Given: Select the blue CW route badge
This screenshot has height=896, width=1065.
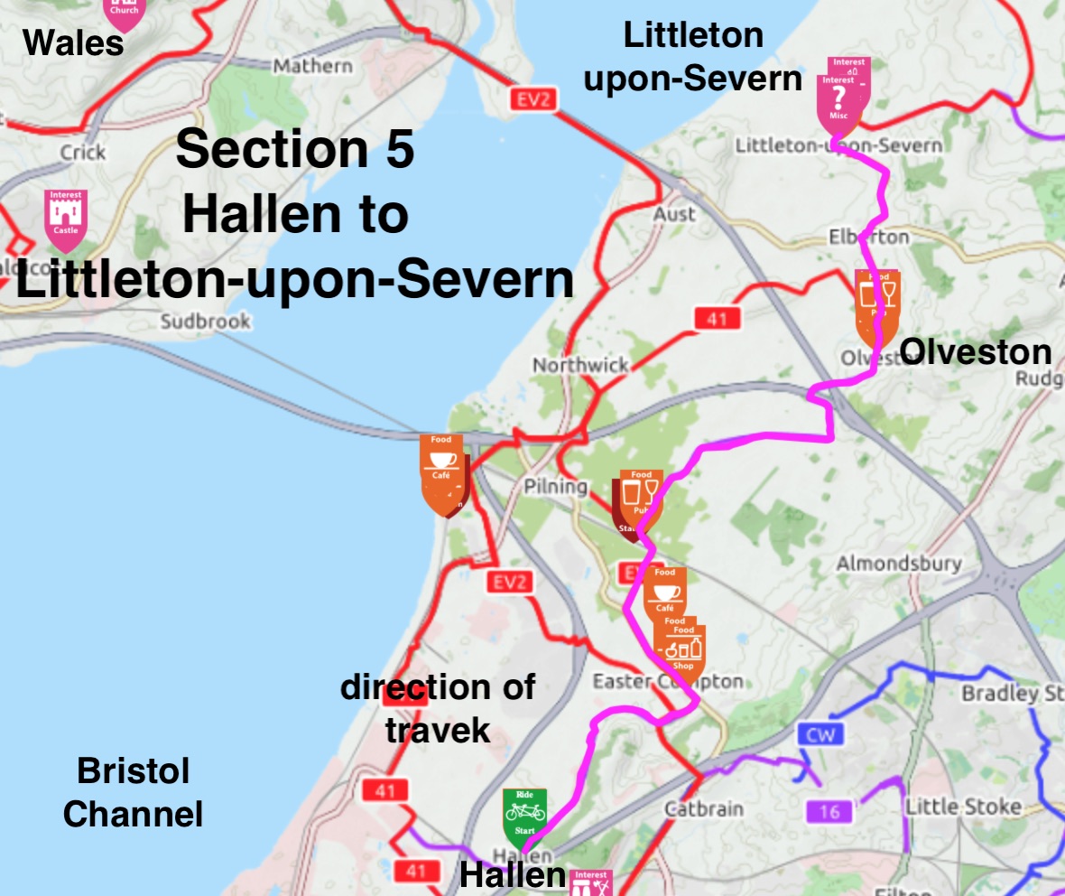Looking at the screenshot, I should (x=820, y=734).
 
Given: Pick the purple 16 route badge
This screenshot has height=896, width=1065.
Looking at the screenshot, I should (x=829, y=812).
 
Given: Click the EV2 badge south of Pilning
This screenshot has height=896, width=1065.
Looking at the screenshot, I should (x=510, y=583).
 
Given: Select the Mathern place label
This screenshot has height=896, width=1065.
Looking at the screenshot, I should (x=312, y=66).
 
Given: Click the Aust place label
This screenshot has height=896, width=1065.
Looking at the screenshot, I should (x=675, y=214).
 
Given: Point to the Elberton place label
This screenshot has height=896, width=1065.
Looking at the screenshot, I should (x=869, y=237).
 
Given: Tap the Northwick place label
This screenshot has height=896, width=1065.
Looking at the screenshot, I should (x=580, y=365).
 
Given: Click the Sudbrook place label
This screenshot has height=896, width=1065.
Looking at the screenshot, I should (x=205, y=321).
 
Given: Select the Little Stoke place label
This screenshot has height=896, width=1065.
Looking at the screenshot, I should (x=963, y=807).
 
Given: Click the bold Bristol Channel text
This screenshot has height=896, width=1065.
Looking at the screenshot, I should (x=133, y=793).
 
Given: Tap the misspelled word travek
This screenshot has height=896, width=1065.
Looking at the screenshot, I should (x=437, y=729).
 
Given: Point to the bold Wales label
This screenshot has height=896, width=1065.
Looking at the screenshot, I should (x=73, y=42).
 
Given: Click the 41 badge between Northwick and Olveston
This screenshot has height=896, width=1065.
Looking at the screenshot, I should (x=718, y=318).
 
